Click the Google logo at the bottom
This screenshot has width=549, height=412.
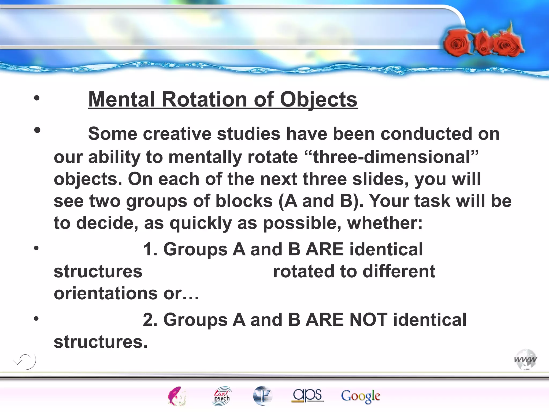coord(360,396)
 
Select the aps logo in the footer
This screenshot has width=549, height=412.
coord(307,395)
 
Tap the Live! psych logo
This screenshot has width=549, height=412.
coord(222,395)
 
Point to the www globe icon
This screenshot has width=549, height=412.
coord(525,359)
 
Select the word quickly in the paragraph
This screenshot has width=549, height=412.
coord(201,223)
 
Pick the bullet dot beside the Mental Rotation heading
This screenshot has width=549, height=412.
coord(37,98)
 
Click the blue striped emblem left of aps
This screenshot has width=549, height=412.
coord(262,395)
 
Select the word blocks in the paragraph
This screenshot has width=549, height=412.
coord(244,201)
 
